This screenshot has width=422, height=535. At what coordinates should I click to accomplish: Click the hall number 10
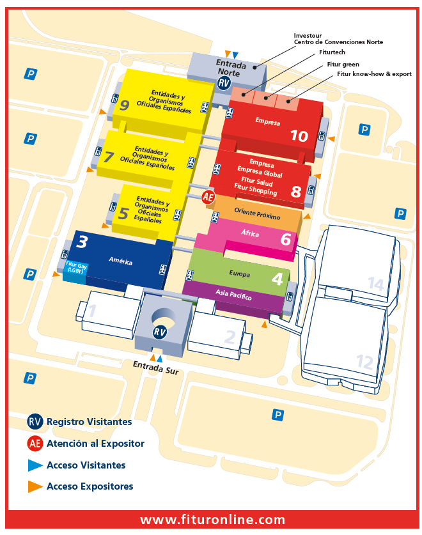tap(299, 136)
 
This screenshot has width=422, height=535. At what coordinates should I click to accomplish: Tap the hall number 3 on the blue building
tap(82, 242)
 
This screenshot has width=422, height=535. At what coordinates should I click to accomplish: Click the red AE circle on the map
tap(208, 198)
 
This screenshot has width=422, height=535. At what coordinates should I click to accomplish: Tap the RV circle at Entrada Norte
tap(224, 83)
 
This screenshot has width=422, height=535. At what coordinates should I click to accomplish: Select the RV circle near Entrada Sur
tap(160, 332)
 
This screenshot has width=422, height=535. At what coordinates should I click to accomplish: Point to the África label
tap(251, 234)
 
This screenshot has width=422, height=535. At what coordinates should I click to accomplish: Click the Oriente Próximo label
tap(257, 213)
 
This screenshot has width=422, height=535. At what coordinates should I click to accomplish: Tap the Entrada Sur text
tap(156, 367)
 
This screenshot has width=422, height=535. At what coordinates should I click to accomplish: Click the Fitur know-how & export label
tap(373, 74)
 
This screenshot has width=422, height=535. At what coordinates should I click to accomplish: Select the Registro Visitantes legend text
tap(90, 422)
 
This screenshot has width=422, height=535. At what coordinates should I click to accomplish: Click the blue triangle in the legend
tap(35, 465)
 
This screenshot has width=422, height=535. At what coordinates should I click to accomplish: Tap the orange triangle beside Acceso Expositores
tap(35, 486)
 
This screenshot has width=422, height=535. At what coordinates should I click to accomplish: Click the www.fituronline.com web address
tap(212, 520)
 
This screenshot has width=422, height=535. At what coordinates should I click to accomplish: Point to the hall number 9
tap(124, 105)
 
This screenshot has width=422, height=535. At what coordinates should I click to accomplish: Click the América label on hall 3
tap(120, 260)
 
